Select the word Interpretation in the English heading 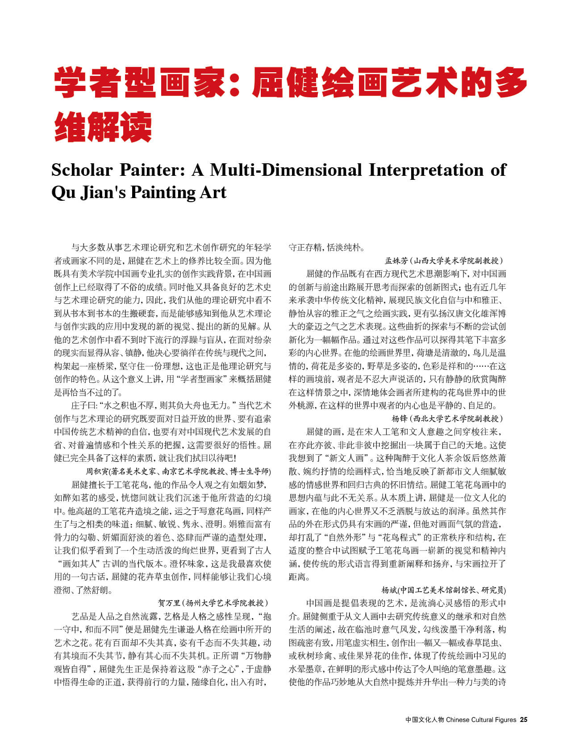point(425,170)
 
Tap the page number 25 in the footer point(524,719)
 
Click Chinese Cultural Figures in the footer point(481,719)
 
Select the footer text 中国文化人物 point(425,719)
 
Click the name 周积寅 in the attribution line point(97,471)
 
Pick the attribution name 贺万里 point(169,603)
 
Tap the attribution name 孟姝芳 point(396,261)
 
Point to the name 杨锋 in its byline point(400,419)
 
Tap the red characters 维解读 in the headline point(103,127)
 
